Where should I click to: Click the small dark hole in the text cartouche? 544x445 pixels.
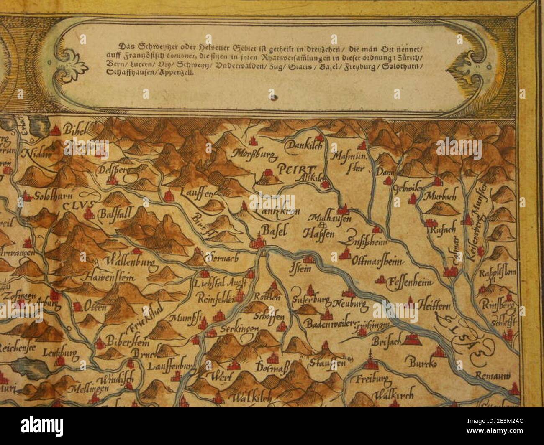(x=274, y=98)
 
